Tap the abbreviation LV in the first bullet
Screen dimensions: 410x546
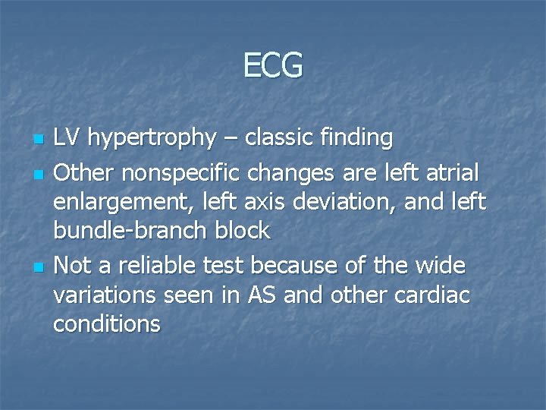click(67, 137)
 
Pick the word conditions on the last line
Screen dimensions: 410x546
click(107, 324)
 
